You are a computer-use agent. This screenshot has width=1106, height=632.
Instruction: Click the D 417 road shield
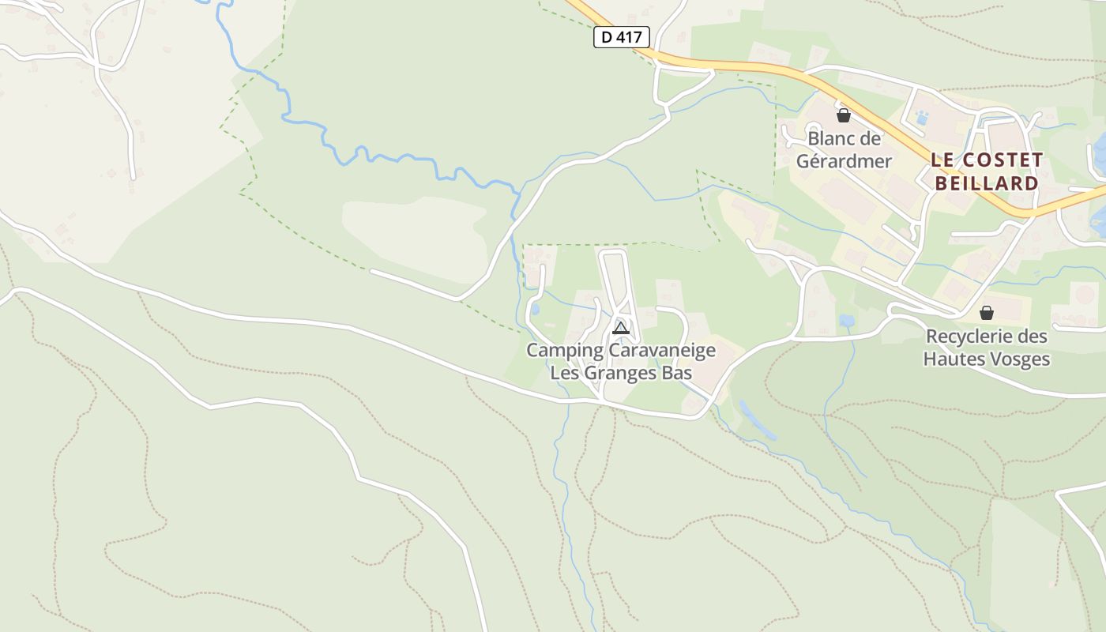[622, 37]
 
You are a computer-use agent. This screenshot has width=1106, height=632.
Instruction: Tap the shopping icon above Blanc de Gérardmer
[844, 115]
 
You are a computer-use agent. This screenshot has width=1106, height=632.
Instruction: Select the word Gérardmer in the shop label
[844, 161]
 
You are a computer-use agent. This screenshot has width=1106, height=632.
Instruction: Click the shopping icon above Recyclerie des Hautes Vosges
[986, 313]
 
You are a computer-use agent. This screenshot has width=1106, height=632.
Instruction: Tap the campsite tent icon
[621, 328]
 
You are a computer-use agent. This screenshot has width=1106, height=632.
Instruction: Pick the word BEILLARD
[986, 183]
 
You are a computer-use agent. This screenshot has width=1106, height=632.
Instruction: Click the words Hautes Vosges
[987, 359]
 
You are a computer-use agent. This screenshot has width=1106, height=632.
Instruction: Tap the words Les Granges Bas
[621, 373]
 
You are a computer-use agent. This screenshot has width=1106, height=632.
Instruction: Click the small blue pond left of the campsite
[535, 309]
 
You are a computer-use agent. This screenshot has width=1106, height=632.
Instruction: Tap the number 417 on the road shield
[631, 37]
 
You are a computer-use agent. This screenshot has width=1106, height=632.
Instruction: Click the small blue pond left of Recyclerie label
[847, 321]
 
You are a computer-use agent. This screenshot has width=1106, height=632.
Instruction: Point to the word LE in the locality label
[942, 160]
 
